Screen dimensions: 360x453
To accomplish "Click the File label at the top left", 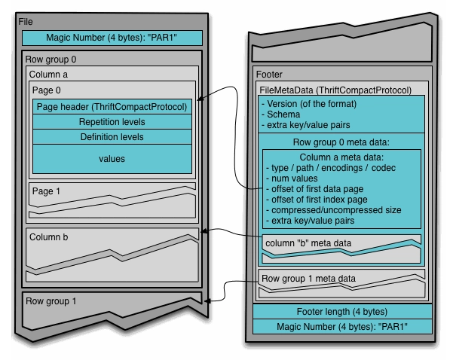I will [25, 21].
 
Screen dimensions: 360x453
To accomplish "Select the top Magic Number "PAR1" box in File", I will [112, 38].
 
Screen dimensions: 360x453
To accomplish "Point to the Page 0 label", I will [47, 90].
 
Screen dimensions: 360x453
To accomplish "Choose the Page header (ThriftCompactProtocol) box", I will [112, 107].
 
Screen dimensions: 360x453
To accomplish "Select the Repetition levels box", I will [112, 122].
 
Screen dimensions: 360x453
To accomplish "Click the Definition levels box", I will [112, 137].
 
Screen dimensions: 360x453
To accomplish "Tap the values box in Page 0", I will [112, 159].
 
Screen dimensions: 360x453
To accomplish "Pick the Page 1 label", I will [47, 191].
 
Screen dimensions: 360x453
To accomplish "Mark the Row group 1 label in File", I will [50, 301].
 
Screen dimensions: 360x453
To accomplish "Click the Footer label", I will [270, 75].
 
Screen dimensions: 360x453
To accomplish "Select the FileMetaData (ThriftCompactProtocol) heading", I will [335, 90].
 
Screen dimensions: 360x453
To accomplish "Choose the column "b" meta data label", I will [308, 243].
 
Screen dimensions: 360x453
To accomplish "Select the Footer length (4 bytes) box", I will [341, 312].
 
